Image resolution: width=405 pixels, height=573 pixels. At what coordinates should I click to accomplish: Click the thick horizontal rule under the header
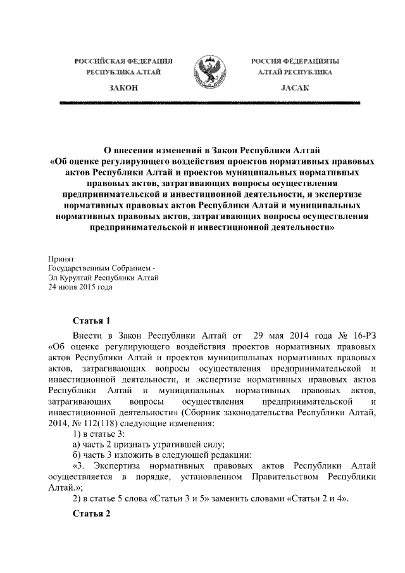pyautogui.click(x=202, y=101)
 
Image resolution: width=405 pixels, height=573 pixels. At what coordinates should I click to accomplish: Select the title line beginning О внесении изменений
pyautogui.click(x=202, y=150)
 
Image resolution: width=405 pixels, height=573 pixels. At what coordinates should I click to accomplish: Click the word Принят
pyautogui.click(x=61, y=259)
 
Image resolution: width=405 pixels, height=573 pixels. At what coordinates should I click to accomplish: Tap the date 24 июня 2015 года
pyautogui.click(x=80, y=286)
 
